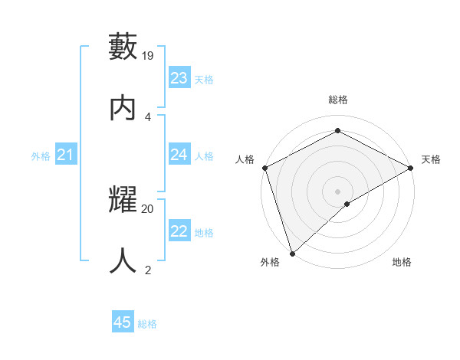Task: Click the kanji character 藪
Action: coord(124,47)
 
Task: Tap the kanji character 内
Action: coord(124,108)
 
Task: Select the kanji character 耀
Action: coord(124,201)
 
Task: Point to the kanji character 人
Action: coord(124,261)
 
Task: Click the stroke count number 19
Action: coord(149,56)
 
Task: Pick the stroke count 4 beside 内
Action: coord(148,116)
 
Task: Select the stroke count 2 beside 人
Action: coord(148,270)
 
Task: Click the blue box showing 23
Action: coord(179,78)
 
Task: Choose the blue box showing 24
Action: coord(179,155)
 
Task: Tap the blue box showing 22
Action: coord(179,232)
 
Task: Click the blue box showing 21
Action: coord(65,155)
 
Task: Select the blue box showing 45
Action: coord(123,322)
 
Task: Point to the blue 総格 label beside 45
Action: coord(147,324)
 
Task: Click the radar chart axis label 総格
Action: coord(338,100)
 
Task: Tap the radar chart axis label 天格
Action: coord(431,159)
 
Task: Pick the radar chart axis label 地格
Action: coord(402,262)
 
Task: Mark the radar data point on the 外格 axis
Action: coord(292,253)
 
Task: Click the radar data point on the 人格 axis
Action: coord(264,168)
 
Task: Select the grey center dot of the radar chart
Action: coord(337,191)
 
